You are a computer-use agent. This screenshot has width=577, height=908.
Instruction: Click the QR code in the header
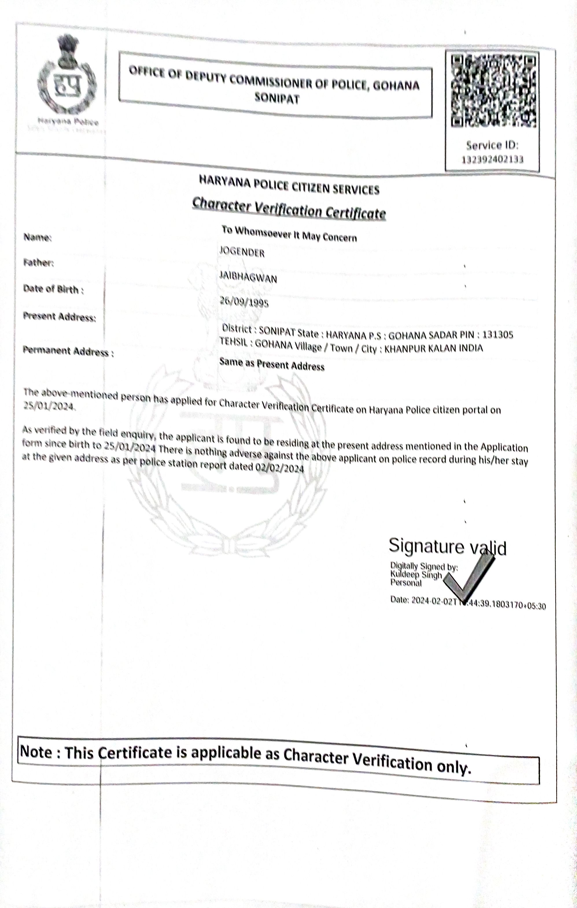(494, 91)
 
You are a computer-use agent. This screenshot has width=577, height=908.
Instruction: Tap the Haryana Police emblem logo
(67, 80)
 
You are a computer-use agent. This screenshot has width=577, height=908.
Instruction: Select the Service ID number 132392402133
(493, 160)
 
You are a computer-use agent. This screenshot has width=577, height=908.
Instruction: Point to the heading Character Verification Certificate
(289, 209)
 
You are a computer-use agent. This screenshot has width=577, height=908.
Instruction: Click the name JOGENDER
(242, 252)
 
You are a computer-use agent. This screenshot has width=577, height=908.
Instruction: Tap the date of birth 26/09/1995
(244, 302)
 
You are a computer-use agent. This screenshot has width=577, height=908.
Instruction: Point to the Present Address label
(59, 317)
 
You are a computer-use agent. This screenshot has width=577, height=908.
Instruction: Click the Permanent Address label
(68, 351)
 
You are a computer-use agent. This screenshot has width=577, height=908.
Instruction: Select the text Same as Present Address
(272, 365)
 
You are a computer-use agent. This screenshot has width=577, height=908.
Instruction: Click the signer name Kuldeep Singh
(416, 575)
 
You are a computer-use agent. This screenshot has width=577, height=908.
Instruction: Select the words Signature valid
(447, 546)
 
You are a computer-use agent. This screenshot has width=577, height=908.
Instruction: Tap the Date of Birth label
(53, 290)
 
